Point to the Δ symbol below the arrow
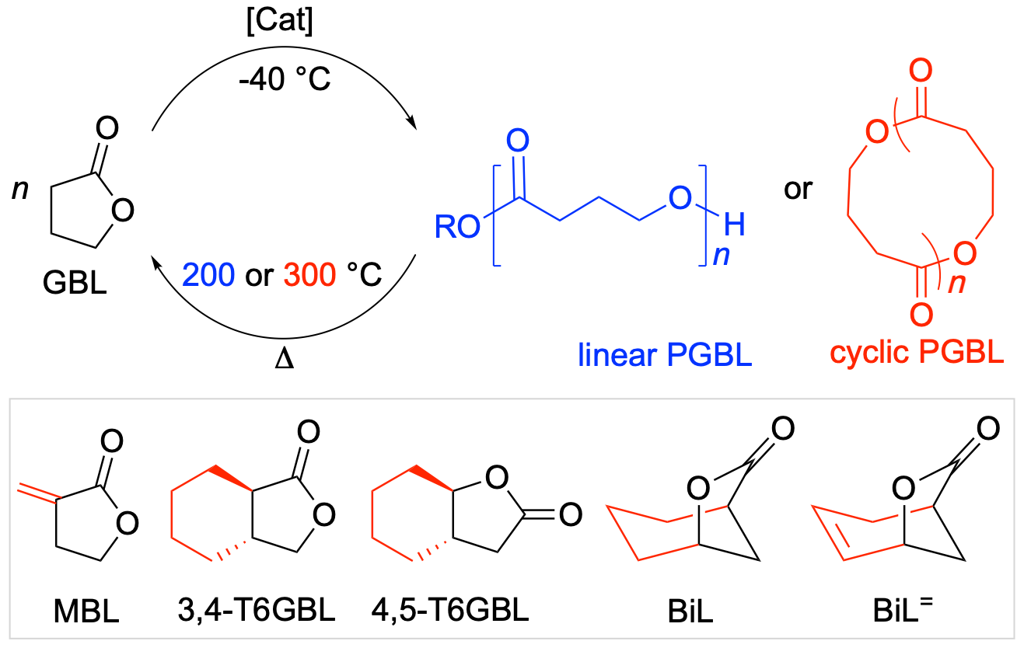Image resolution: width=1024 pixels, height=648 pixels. click(x=284, y=360)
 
